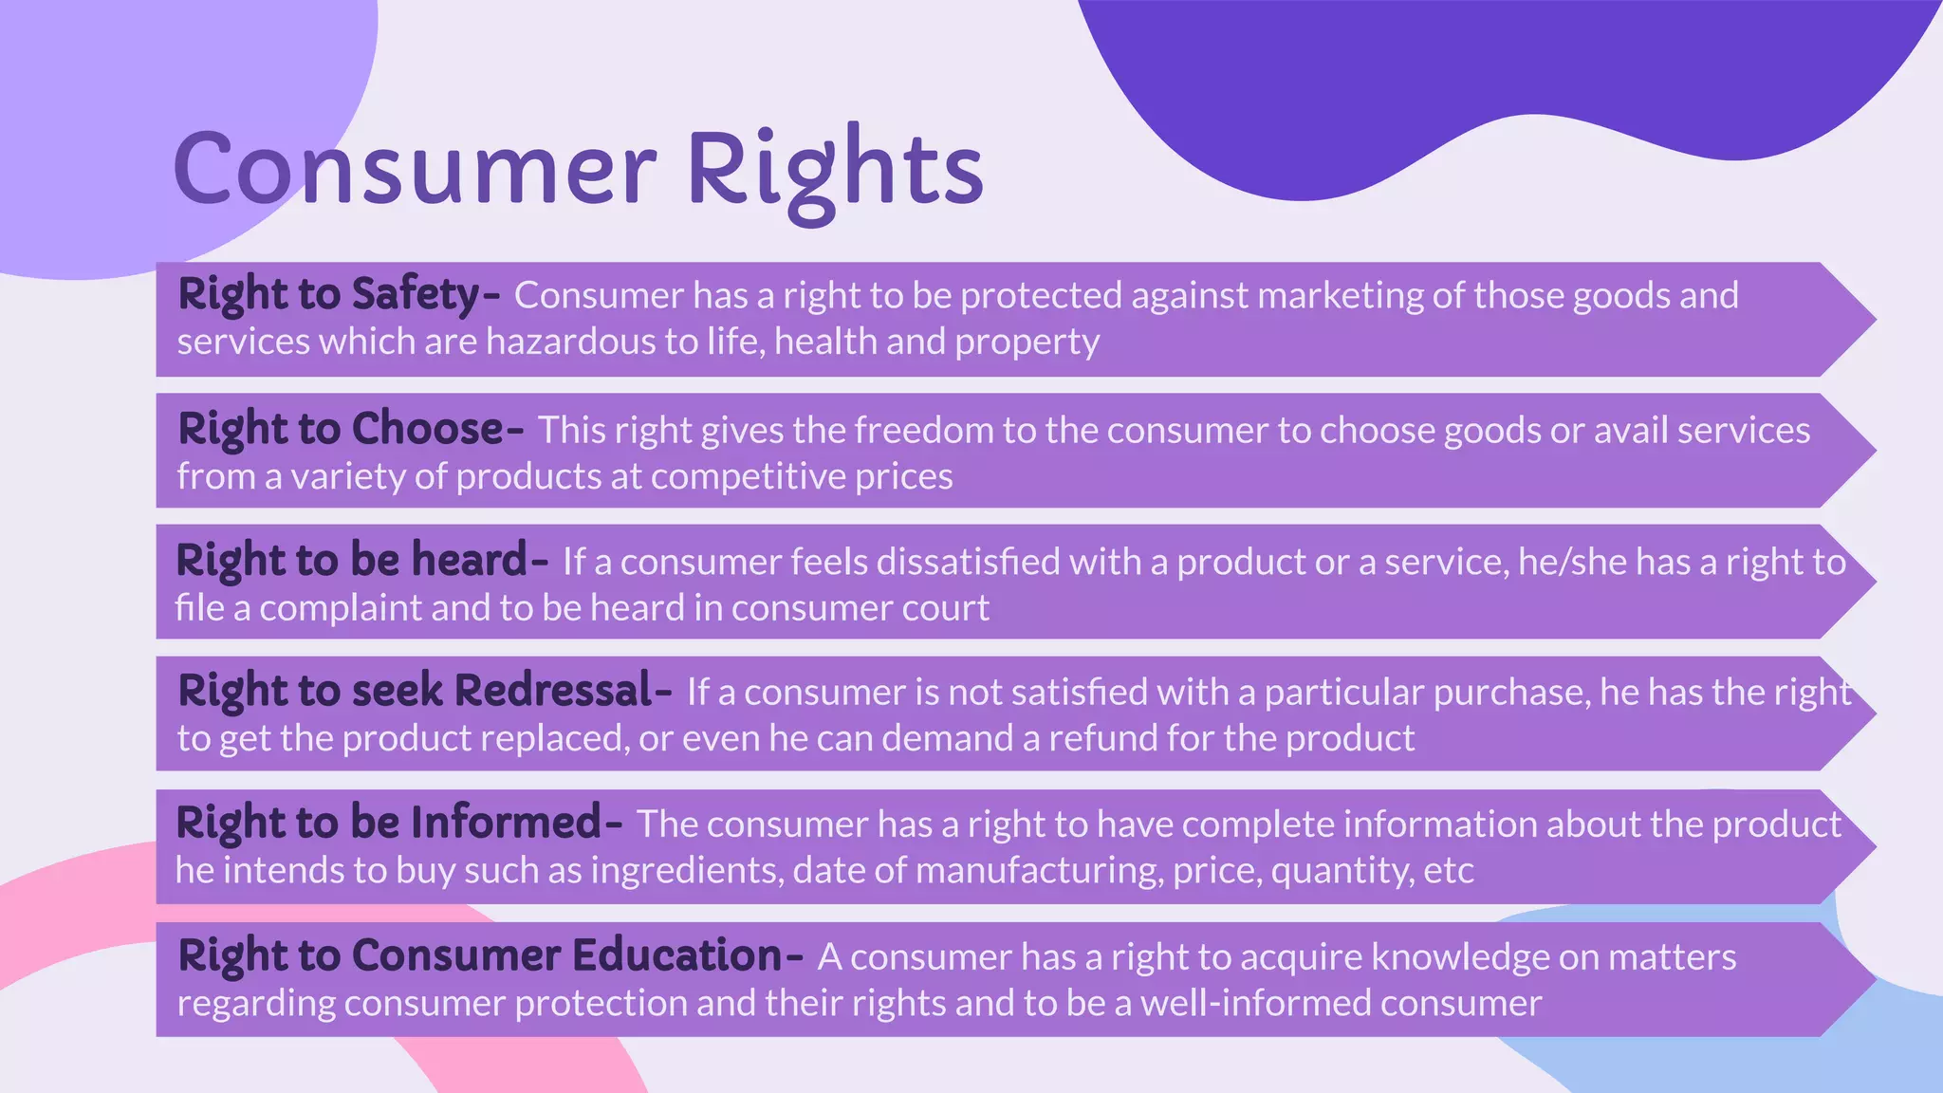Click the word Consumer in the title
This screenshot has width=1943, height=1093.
point(414,168)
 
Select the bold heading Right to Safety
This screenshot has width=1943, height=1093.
point(329,294)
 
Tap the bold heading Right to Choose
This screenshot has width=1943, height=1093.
point(341,429)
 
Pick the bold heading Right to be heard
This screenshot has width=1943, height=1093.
point(351,560)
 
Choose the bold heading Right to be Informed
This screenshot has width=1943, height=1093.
point(389,823)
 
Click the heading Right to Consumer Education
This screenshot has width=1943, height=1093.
point(480,955)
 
